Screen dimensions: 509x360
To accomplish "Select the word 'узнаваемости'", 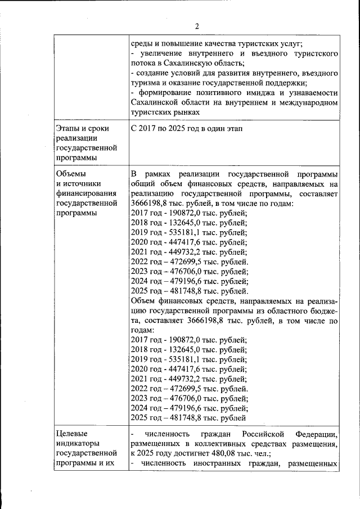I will tap(311, 93).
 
